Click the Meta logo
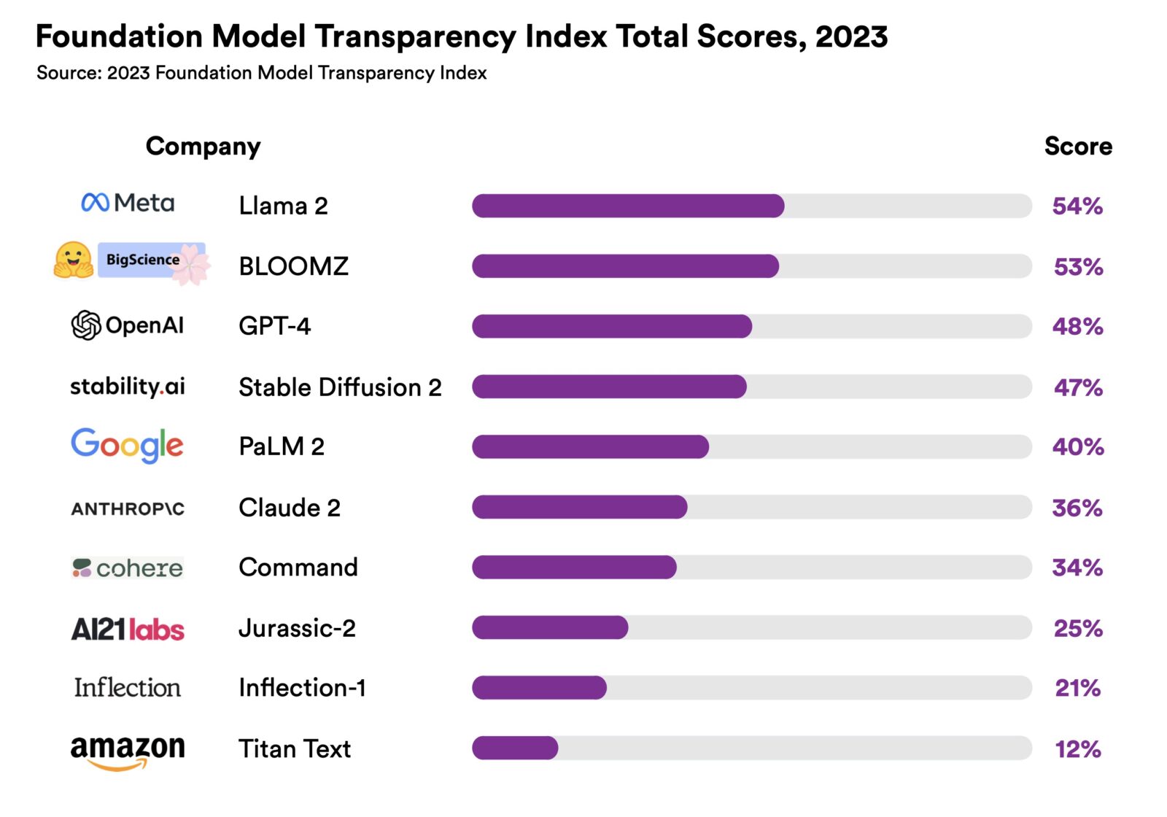pyautogui.click(x=128, y=203)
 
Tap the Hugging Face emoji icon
pyautogui.click(x=73, y=260)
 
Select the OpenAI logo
pyautogui.click(x=128, y=325)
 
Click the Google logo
pyautogui.click(x=127, y=445)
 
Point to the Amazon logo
pyautogui.click(x=128, y=751)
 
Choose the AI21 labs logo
pyautogui.click(x=128, y=629)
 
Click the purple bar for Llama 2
pyautogui.click(x=627, y=206)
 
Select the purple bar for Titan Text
pyautogui.click(x=515, y=748)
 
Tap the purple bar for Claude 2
pyautogui.click(x=579, y=507)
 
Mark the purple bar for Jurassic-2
pyautogui.click(x=550, y=627)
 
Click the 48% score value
pyautogui.click(x=1077, y=326)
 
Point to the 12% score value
pyautogui.click(x=1077, y=748)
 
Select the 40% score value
pyautogui.click(x=1077, y=446)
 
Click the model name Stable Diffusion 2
pyautogui.click(x=340, y=387)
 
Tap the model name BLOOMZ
pyautogui.click(x=293, y=266)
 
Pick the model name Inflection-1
pyautogui.click(x=302, y=688)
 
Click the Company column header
pyautogui.click(x=203, y=147)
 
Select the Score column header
pyautogui.click(x=1077, y=146)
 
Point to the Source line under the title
pyautogui.click(x=261, y=73)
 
